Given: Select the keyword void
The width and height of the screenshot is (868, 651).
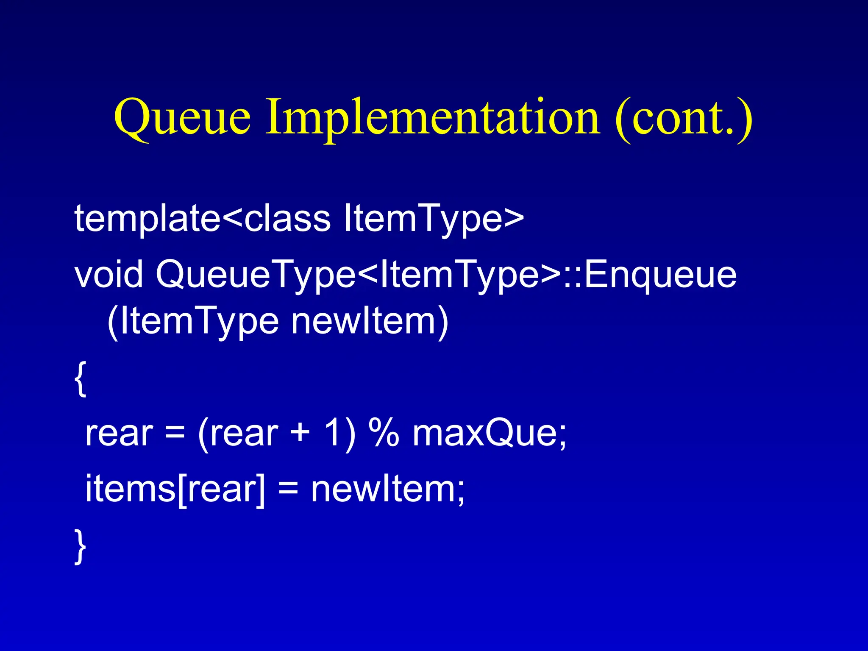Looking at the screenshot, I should pyautogui.click(x=108, y=275).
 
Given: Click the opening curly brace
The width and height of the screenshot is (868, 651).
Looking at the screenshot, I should pyautogui.click(x=80, y=378).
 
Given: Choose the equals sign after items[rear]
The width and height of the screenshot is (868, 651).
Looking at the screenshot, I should pyautogui.click(x=288, y=488).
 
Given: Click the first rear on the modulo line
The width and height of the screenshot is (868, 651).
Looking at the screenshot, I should pyautogui.click(x=119, y=434).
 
